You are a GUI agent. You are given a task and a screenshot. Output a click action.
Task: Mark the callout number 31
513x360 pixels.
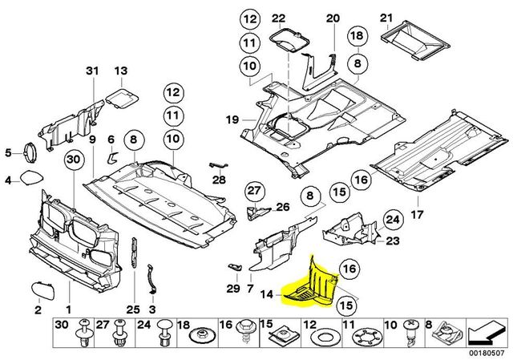(x=91, y=73)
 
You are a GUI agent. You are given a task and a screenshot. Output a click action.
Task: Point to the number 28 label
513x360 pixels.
(x=219, y=180)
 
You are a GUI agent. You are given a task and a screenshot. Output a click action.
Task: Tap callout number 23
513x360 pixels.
(x=393, y=240)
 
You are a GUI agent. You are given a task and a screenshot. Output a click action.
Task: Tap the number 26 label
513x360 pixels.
(x=282, y=207)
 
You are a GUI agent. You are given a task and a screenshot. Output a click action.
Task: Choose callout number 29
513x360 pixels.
(x=232, y=288)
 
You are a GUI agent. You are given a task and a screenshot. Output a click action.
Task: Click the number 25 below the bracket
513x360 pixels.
(x=132, y=308)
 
